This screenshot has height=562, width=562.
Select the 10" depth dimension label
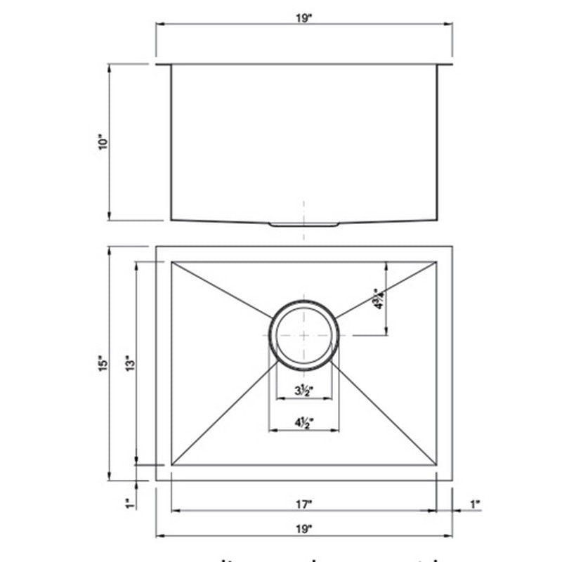click(103, 143)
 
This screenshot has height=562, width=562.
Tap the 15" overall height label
click(103, 363)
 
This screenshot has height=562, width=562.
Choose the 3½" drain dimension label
click(303, 391)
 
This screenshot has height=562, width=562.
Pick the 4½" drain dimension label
click(303, 421)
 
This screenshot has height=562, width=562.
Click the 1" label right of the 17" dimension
click(474, 504)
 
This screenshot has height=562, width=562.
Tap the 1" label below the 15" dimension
click(128, 504)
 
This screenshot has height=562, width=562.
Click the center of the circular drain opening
click(303, 334)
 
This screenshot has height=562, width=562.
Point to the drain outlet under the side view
click(303, 224)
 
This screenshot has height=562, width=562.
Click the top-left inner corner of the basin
click(172, 263)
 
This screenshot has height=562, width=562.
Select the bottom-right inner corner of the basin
click(436, 465)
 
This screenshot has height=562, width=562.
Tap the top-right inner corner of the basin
click(436, 263)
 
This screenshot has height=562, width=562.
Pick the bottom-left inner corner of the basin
click(172, 465)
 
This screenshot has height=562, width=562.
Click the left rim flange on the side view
click(163, 65)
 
